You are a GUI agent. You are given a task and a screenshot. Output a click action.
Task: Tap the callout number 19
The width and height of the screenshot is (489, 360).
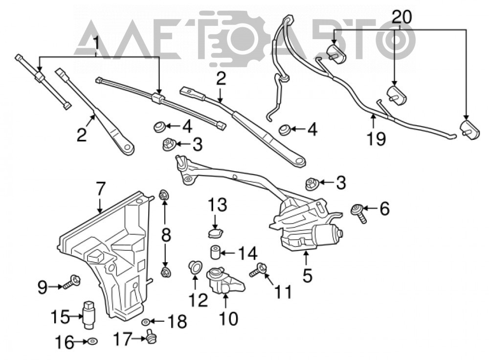pyautogui.click(x=376, y=138)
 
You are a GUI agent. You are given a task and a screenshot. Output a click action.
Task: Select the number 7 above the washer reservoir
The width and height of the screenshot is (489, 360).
pyautogui.click(x=100, y=189)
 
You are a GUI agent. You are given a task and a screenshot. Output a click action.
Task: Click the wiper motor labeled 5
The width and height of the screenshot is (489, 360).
pyautogui.click(x=306, y=224)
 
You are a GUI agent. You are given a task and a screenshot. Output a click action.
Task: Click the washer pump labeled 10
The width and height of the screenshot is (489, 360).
pyautogui.click(x=225, y=280)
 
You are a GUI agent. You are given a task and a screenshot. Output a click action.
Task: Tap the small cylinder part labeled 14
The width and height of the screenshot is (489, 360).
pyautogui.click(x=215, y=252)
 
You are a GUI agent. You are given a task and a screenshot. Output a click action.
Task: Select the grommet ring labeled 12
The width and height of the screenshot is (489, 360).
pyautogui.click(x=195, y=268)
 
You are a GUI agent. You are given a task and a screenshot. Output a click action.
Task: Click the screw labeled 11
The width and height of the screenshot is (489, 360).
pyautogui.click(x=258, y=270)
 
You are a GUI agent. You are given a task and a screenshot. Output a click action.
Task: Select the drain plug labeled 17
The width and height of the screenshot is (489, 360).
pyautogui.click(x=151, y=337)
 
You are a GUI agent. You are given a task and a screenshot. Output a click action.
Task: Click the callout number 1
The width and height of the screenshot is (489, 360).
pyautogui.click(x=96, y=43)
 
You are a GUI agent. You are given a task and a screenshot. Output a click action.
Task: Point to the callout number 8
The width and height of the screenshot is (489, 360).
pyautogui.click(x=166, y=235)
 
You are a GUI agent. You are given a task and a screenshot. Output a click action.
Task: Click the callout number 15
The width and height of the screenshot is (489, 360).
pyautogui.click(x=60, y=317)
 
